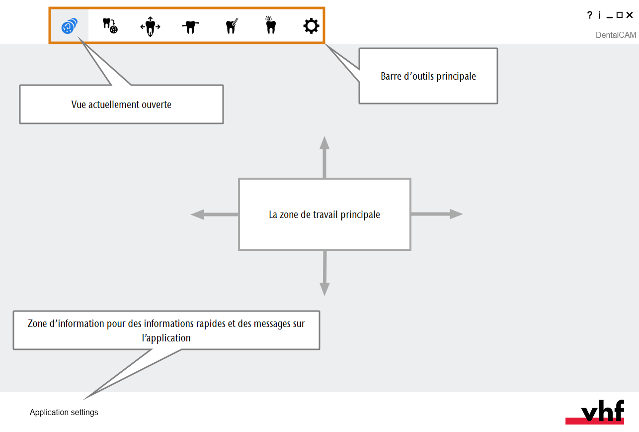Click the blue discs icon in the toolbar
coord(70,26)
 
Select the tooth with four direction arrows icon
coord(151,26)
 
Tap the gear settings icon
coord(311,26)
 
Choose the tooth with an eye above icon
coord(270,25)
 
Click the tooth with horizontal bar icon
coord(190,27)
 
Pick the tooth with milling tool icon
coord(232,26)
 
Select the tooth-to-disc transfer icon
coord(110,26)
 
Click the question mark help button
coord(590,15)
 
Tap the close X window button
coord(629,15)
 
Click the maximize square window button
coord(619,15)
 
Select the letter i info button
coord(600,15)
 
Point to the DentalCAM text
coord(616,35)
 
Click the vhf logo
coord(595,412)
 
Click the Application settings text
coord(64,412)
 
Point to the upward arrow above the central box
coord(324,157)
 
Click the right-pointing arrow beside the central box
coord(437,214)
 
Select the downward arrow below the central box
coord(324,273)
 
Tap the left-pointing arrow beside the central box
coord(215,215)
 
